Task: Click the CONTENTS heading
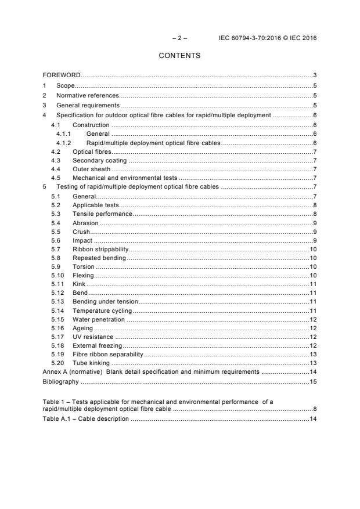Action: (179, 56)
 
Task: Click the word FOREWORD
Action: (62, 75)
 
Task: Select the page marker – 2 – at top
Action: (180, 38)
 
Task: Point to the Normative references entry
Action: (88, 95)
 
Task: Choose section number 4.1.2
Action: (64, 143)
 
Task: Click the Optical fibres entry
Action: (92, 152)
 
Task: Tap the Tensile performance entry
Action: (102, 214)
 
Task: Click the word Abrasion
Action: (85, 223)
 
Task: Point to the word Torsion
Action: (84, 266)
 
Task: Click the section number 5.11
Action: (56, 284)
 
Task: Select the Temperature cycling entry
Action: (102, 310)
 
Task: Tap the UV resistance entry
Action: (93, 337)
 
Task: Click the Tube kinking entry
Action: (91, 363)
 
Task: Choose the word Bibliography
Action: (60, 382)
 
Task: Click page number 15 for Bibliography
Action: (312, 382)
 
